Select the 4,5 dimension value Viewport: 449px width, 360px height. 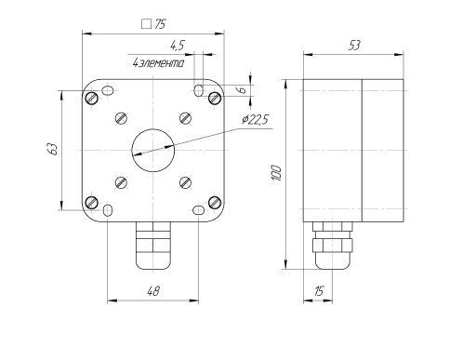tap(178, 46)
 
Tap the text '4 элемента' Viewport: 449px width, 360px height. tap(158, 63)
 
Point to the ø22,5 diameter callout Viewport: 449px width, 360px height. tap(256, 120)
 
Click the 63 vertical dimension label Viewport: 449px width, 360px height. tap(53, 149)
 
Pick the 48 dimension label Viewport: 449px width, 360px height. tap(153, 291)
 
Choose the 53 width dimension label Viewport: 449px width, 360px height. tap(354, 46)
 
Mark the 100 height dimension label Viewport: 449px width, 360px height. tap(276, 174)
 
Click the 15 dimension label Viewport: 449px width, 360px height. tap(319, 291)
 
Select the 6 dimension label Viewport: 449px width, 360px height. tap(243, 90)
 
